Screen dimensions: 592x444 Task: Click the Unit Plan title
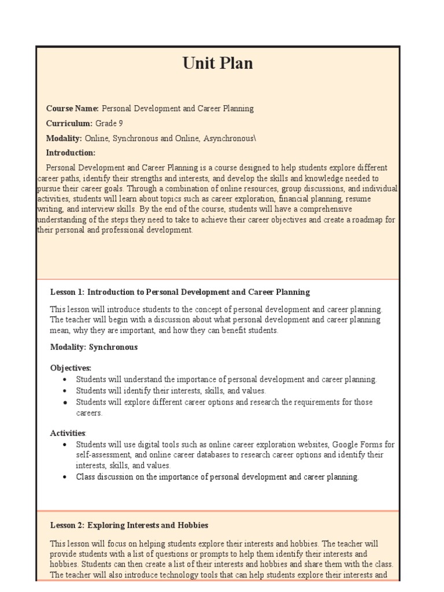coord(218,64)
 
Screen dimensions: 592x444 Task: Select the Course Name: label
coord(72,109)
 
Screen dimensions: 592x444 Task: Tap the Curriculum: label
coord(69,123)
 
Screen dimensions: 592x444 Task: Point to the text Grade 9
coord(109,123)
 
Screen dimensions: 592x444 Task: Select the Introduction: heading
coord(71,153)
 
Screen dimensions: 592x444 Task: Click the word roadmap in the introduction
coord(360,219)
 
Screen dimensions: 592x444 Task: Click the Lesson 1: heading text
coord(67,292)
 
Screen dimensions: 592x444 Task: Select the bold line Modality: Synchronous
coord(94,347)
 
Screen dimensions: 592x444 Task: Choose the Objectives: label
coord(71,368)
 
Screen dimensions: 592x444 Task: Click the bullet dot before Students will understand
coord(65,380)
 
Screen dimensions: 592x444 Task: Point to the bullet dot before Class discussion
coord(65,478)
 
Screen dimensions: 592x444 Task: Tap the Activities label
coord(68,432)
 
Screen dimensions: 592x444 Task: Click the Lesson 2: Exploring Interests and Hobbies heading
coord(129,526)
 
